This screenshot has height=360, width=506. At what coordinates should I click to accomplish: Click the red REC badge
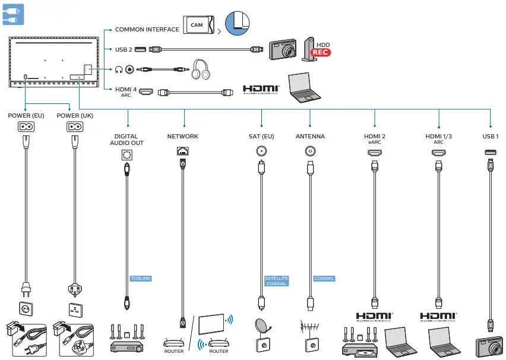[x=321, y=52]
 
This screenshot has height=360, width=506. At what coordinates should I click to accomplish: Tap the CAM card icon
[x=198, y=24]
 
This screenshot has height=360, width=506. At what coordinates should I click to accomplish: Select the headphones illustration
[x=202, y=70]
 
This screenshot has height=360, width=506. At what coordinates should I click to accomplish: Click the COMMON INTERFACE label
[x=147, y=30]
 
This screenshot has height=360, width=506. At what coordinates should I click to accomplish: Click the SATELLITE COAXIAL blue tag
[x=277, y=281]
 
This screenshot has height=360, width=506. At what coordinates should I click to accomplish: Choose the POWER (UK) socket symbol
[x=74, y=127]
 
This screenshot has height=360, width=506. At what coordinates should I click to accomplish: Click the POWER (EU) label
[x=26, y=115]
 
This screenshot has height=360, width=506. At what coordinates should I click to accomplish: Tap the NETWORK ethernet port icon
[x=183, y=152]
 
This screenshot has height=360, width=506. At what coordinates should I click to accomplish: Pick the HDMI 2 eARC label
[x=375, y=139]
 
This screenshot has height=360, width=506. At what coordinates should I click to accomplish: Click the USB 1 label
[x=491, y=136]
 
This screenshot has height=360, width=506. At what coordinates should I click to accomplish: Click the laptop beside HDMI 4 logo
[x=305, y=86]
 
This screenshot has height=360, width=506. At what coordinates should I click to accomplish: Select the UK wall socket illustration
[x=75, y=310]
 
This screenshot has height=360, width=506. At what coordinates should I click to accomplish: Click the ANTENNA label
[x=310, y=137]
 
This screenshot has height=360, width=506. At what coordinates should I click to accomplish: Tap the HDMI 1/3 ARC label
[x=438, y=139]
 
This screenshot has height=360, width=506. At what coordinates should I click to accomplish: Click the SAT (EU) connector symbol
[x=261, y=151]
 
